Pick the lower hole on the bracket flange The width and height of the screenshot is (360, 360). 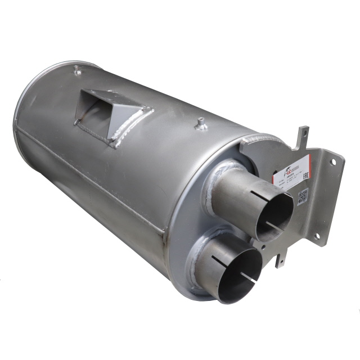321,236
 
